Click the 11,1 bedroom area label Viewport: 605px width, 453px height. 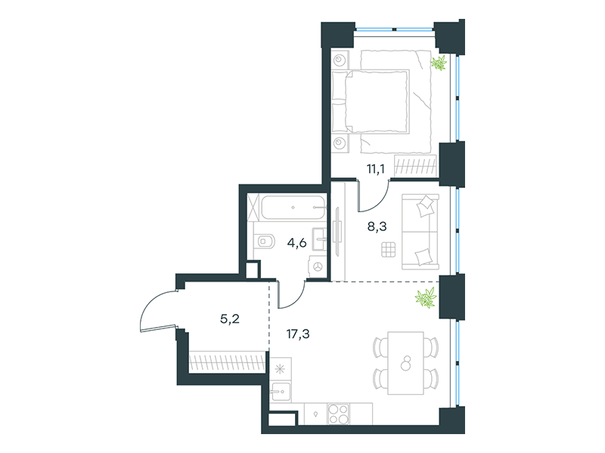tap(375, 168)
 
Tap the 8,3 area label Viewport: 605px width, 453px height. tap(377, 226)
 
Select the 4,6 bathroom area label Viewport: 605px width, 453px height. tap(296, 242)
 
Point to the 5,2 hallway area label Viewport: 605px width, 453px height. tap(230, 319)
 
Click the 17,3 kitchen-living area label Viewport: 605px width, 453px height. tap(298, 334)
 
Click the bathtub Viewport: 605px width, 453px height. tap(293, 208)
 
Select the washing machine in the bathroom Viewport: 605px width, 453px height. tap(317, 267)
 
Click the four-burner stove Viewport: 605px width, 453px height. tap(338, 414)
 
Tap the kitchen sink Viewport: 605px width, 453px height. tap(281, 392)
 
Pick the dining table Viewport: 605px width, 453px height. tap(405, 363)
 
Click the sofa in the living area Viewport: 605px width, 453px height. tap(420, 232)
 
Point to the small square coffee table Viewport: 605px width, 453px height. tap(389, 250)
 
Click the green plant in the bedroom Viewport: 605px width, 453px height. tap(439, 63)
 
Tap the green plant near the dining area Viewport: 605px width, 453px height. tap(426, 297)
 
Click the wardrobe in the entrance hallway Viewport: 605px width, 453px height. tap(228, 362)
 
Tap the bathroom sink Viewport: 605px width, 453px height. tap(319, 239)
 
